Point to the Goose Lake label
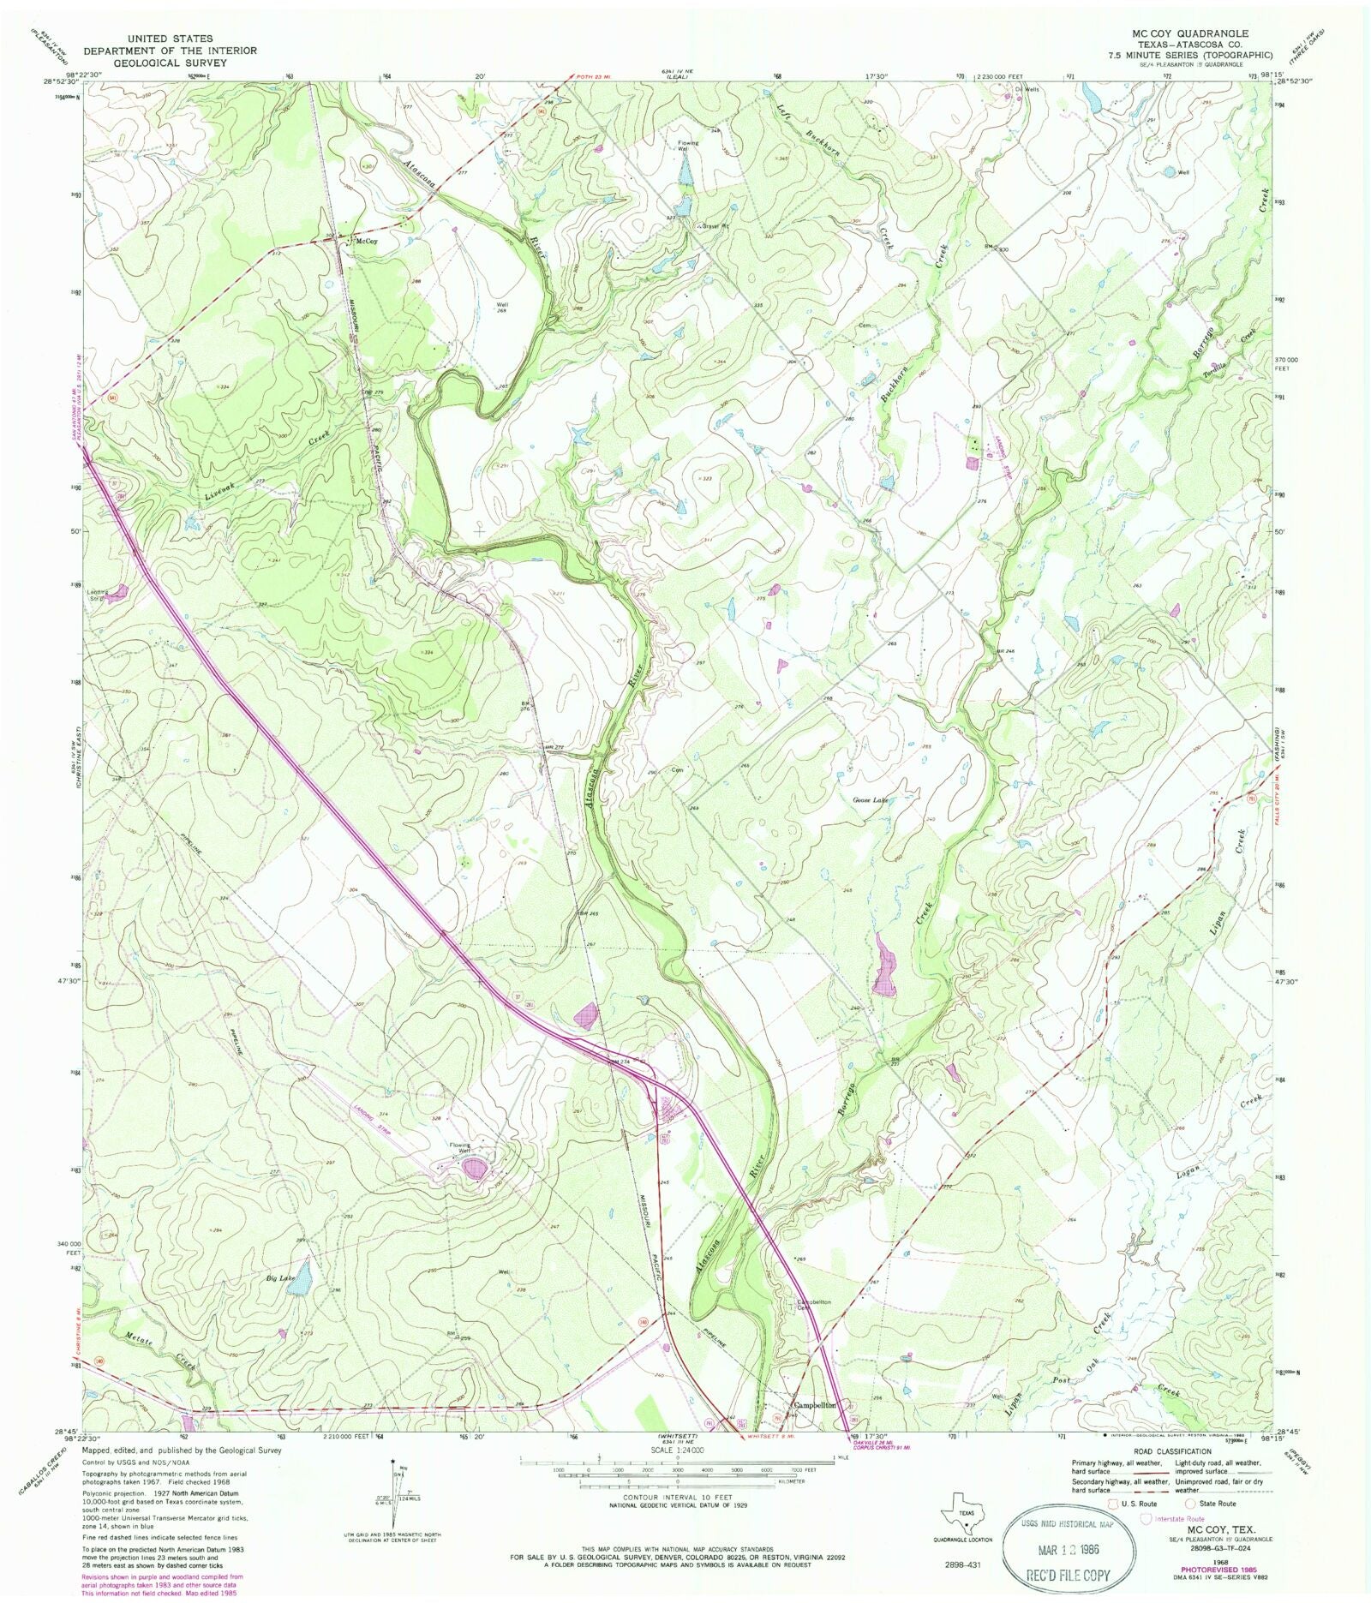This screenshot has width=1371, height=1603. [x=869, y=800]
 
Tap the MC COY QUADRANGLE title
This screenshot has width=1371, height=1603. [x=1190, y=33]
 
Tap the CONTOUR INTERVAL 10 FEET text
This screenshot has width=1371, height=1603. [x=677, y=1497]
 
